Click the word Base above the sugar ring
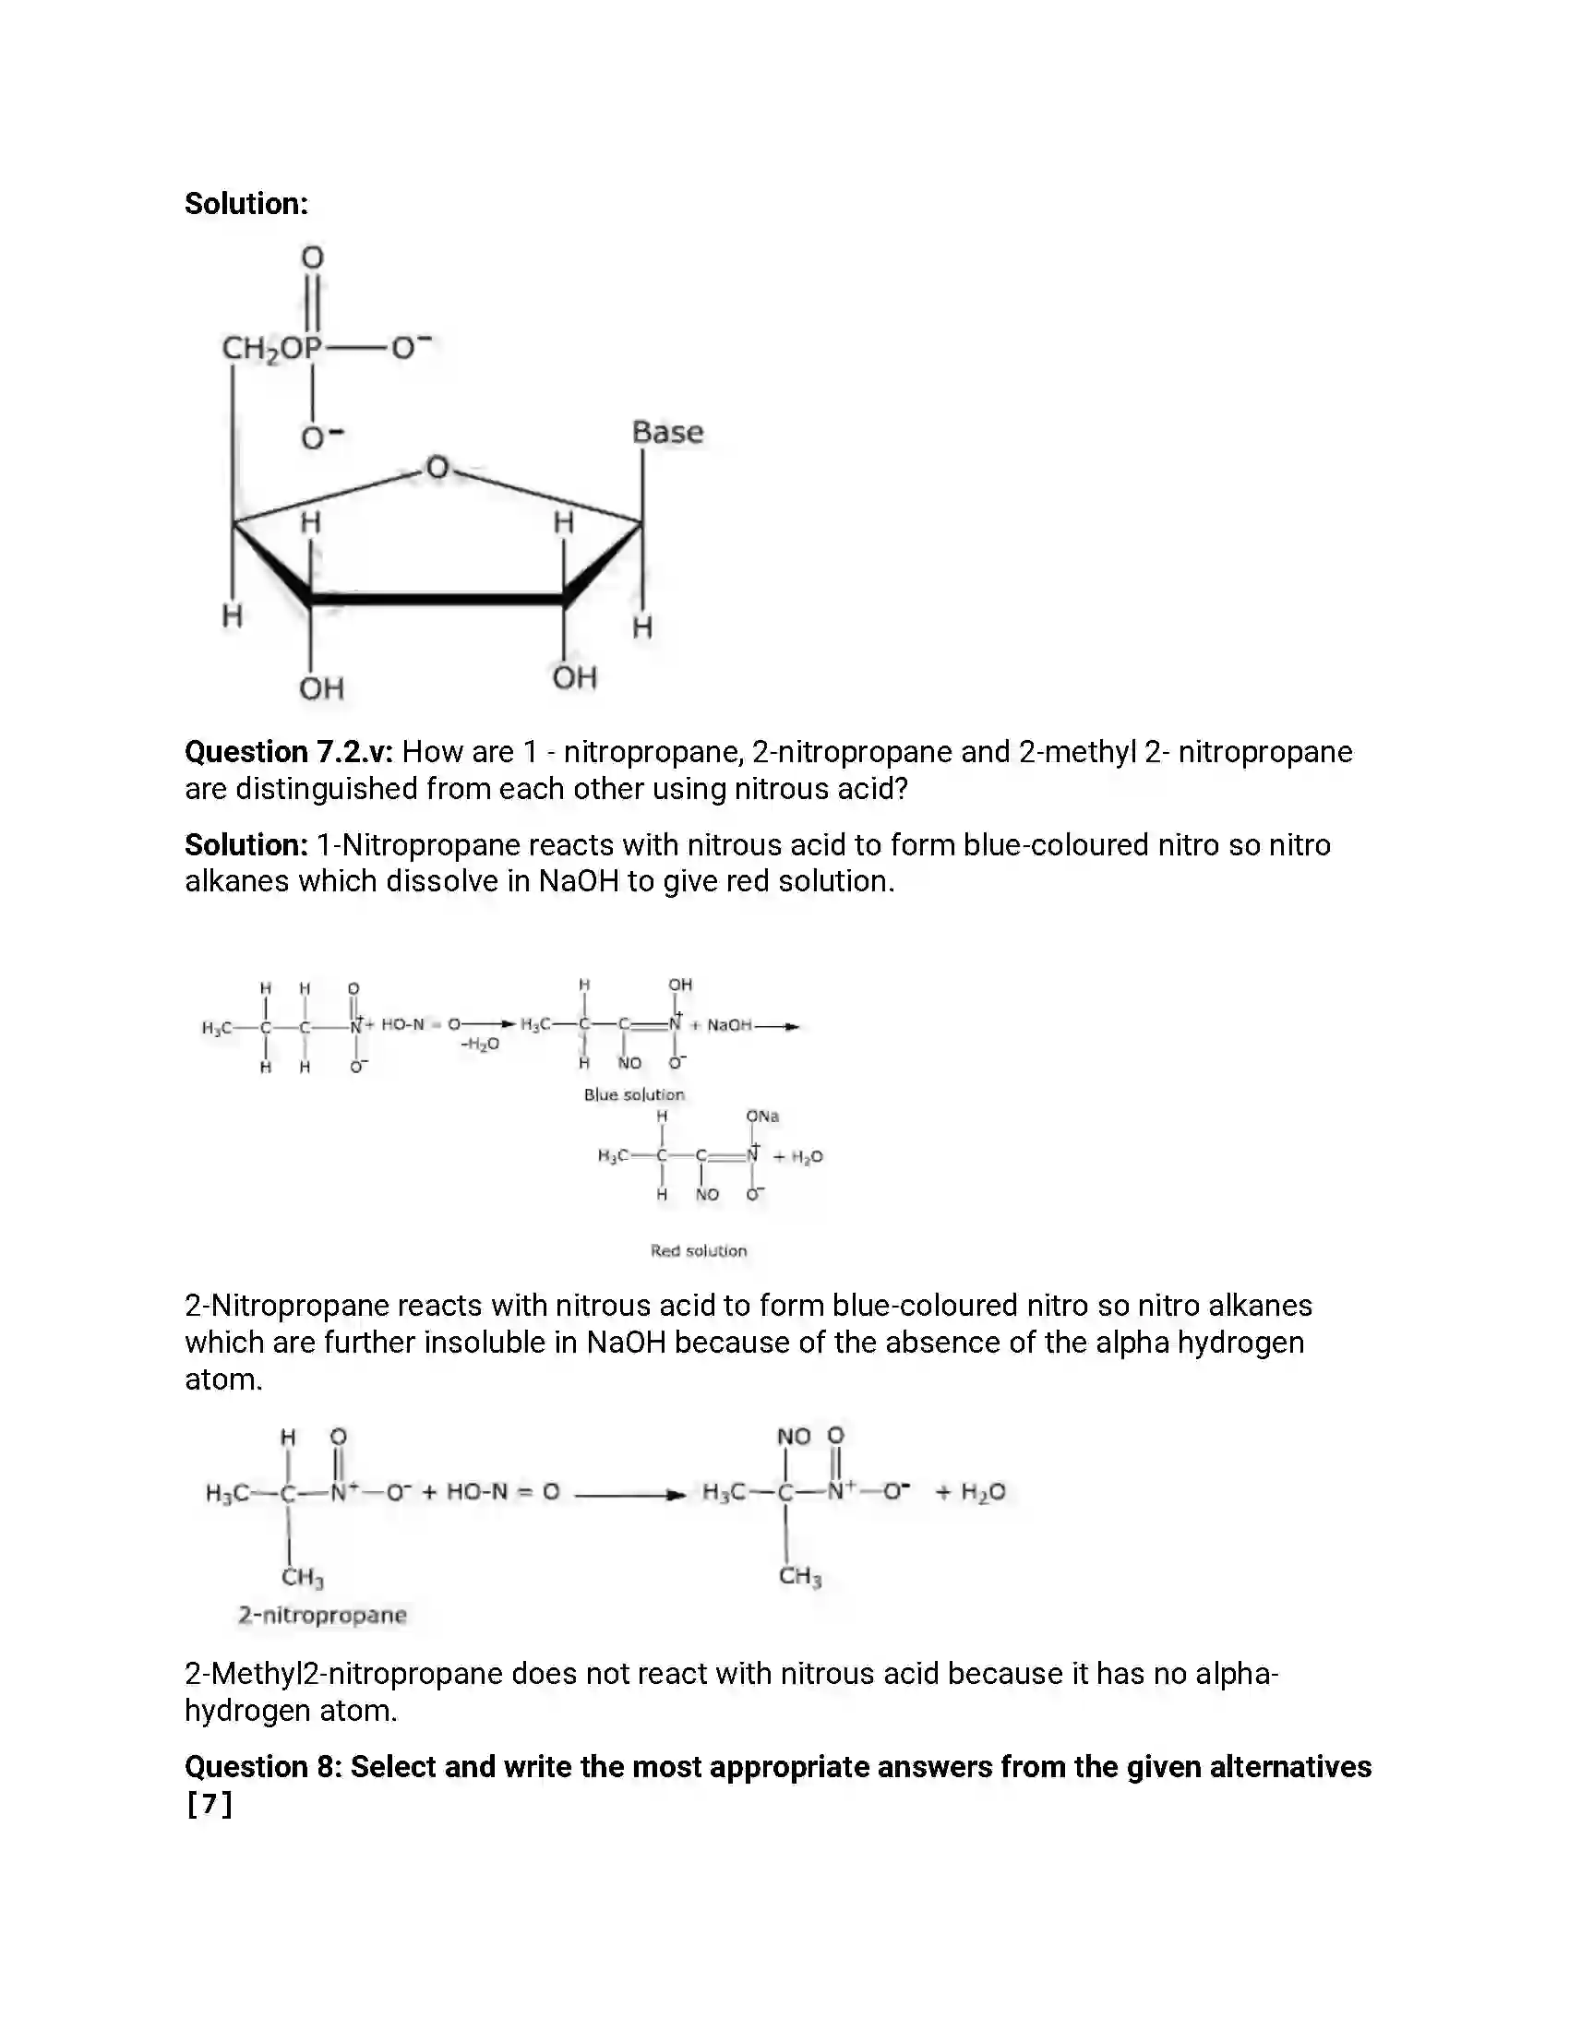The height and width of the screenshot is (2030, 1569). pos(666,432)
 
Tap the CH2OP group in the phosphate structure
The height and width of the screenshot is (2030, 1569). pos(270,349)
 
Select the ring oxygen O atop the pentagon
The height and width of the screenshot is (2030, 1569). pos(437,468)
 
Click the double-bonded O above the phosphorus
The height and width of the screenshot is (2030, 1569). pos(312,257)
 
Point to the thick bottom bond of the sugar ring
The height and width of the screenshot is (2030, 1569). pos(437,600)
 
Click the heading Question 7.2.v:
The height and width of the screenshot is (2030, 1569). pos(289,751)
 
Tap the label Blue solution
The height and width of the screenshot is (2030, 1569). pos(634,1095)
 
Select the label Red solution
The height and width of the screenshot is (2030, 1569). pos(698,1251)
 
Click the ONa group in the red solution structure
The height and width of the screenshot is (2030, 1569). pos(762,1116)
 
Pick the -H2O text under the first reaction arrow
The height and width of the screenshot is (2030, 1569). pos(480,1045)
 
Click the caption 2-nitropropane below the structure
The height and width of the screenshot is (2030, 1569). pos(321,1616)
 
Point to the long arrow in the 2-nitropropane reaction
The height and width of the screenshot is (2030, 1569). pos(629,1495)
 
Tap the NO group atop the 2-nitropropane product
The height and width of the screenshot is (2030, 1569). pos(794,1437)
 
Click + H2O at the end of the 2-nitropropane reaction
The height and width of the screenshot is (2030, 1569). pos(971,1493)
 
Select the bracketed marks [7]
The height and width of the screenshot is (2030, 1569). pos(210,1805)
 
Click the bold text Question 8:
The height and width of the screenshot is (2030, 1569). pos(263,1767)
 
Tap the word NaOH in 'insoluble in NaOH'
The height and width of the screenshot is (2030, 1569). pos(626,1343)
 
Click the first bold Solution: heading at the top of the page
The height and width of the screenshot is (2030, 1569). pos(246,204)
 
